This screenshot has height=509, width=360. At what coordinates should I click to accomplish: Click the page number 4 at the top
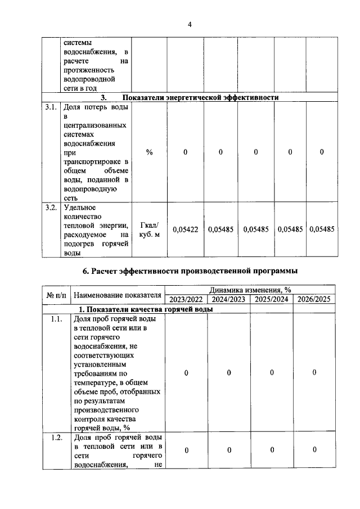[190, 25]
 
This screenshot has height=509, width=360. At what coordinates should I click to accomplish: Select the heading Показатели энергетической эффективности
[201, 97]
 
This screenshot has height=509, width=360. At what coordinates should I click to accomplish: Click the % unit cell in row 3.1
[149, 152]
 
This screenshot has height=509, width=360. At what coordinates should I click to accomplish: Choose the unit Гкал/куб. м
[149, 229]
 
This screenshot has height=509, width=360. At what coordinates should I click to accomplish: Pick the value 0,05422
[185, 229]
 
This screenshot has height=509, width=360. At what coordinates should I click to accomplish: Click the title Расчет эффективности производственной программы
[190, 271]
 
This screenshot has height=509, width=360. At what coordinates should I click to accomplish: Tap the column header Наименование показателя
[117, 294]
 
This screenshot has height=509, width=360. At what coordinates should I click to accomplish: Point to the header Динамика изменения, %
[250, 290]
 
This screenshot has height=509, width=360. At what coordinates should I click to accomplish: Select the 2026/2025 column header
[314, 299]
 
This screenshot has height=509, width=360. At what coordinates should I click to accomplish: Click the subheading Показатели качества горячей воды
[145, 309]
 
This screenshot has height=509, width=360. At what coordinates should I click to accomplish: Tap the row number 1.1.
[56, 318]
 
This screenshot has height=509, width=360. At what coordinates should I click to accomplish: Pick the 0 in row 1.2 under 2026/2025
[314, 449]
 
